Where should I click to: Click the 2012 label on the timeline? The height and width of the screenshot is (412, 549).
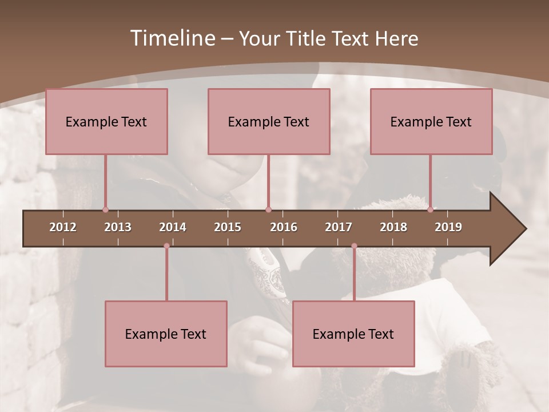[x=63, y=227]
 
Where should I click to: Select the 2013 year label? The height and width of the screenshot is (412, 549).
[x=118, y=227]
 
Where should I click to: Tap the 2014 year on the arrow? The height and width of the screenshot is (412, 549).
[x=173, y=227]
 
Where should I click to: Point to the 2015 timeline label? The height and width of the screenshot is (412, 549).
[x=228, y=227]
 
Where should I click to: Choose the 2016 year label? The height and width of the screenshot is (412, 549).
[x=284, y=227]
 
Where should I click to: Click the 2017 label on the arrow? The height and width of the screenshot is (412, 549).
[x=339, y=227]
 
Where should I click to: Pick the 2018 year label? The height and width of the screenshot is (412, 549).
[x=393, y=227]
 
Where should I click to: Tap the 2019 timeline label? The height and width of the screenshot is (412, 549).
[x=448, y=227]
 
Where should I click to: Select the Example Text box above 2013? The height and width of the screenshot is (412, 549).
[x=106, y=121]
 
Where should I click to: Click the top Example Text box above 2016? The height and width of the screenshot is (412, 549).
[x=269, y=121]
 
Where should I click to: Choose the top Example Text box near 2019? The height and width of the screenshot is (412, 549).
[x=431, y=121]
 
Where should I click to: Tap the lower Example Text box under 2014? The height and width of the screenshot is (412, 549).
[x=166, y=334]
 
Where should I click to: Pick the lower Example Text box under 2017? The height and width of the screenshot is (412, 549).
[x=353, y=334]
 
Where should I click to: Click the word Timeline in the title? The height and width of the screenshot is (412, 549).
[x=172, y=38]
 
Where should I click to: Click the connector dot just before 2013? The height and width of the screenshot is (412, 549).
[x=105, y=210]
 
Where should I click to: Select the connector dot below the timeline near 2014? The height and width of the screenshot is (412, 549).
[x=166, y=246]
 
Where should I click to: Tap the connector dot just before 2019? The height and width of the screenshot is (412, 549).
[x=430, y=210]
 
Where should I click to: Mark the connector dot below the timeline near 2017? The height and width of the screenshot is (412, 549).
[x=354, y=246]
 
